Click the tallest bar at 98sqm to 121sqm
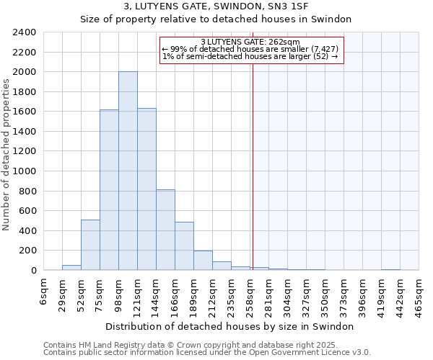click(128, 171)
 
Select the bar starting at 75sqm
click(109, 190)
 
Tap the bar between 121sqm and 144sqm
click(146, 189)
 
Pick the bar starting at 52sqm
click(90, 245)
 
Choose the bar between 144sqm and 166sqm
click(165, 230)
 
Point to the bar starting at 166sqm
click(184, 246)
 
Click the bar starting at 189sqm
click(203, 261)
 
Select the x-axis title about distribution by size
click(229, 326)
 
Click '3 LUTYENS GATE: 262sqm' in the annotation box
click(250, 42)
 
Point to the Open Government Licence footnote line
click(207, 353)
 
